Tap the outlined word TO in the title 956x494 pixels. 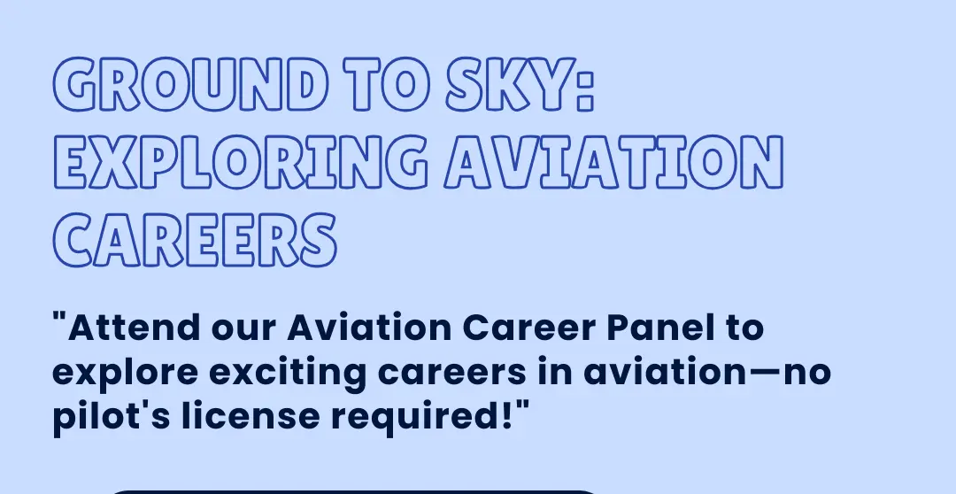[x=387, y=84]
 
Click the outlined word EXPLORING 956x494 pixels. [x=241, y=162]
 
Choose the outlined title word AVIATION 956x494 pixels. [x=613, y=162]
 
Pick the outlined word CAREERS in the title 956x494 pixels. [x=195, y=240]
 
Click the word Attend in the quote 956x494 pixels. [x=134, y=328]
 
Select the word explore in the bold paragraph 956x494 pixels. [x=125, y=374]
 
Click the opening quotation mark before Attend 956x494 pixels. [x=59, y=318]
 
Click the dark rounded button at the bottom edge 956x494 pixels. [x=353, y=491]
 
